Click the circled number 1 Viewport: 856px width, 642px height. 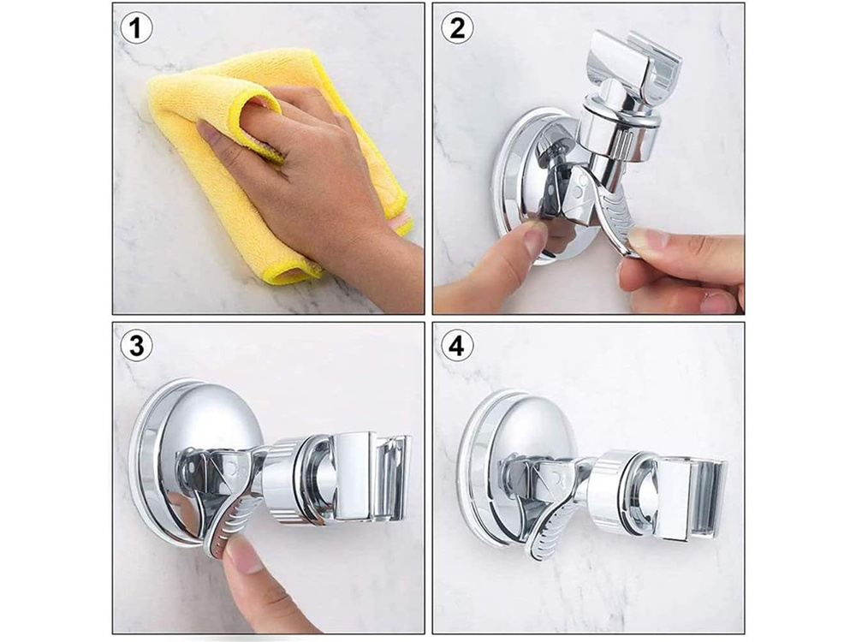coord(136,28)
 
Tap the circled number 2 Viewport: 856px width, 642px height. coord(457,28)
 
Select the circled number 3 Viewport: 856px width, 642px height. coord(136,346)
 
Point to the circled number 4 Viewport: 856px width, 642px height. coord(457,346)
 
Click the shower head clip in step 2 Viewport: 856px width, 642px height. coord(633,62)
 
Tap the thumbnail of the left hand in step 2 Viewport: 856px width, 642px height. coord(535,237)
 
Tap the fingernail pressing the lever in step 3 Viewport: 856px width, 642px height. coord(240,552)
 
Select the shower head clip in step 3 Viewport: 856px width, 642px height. coord(372,475)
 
